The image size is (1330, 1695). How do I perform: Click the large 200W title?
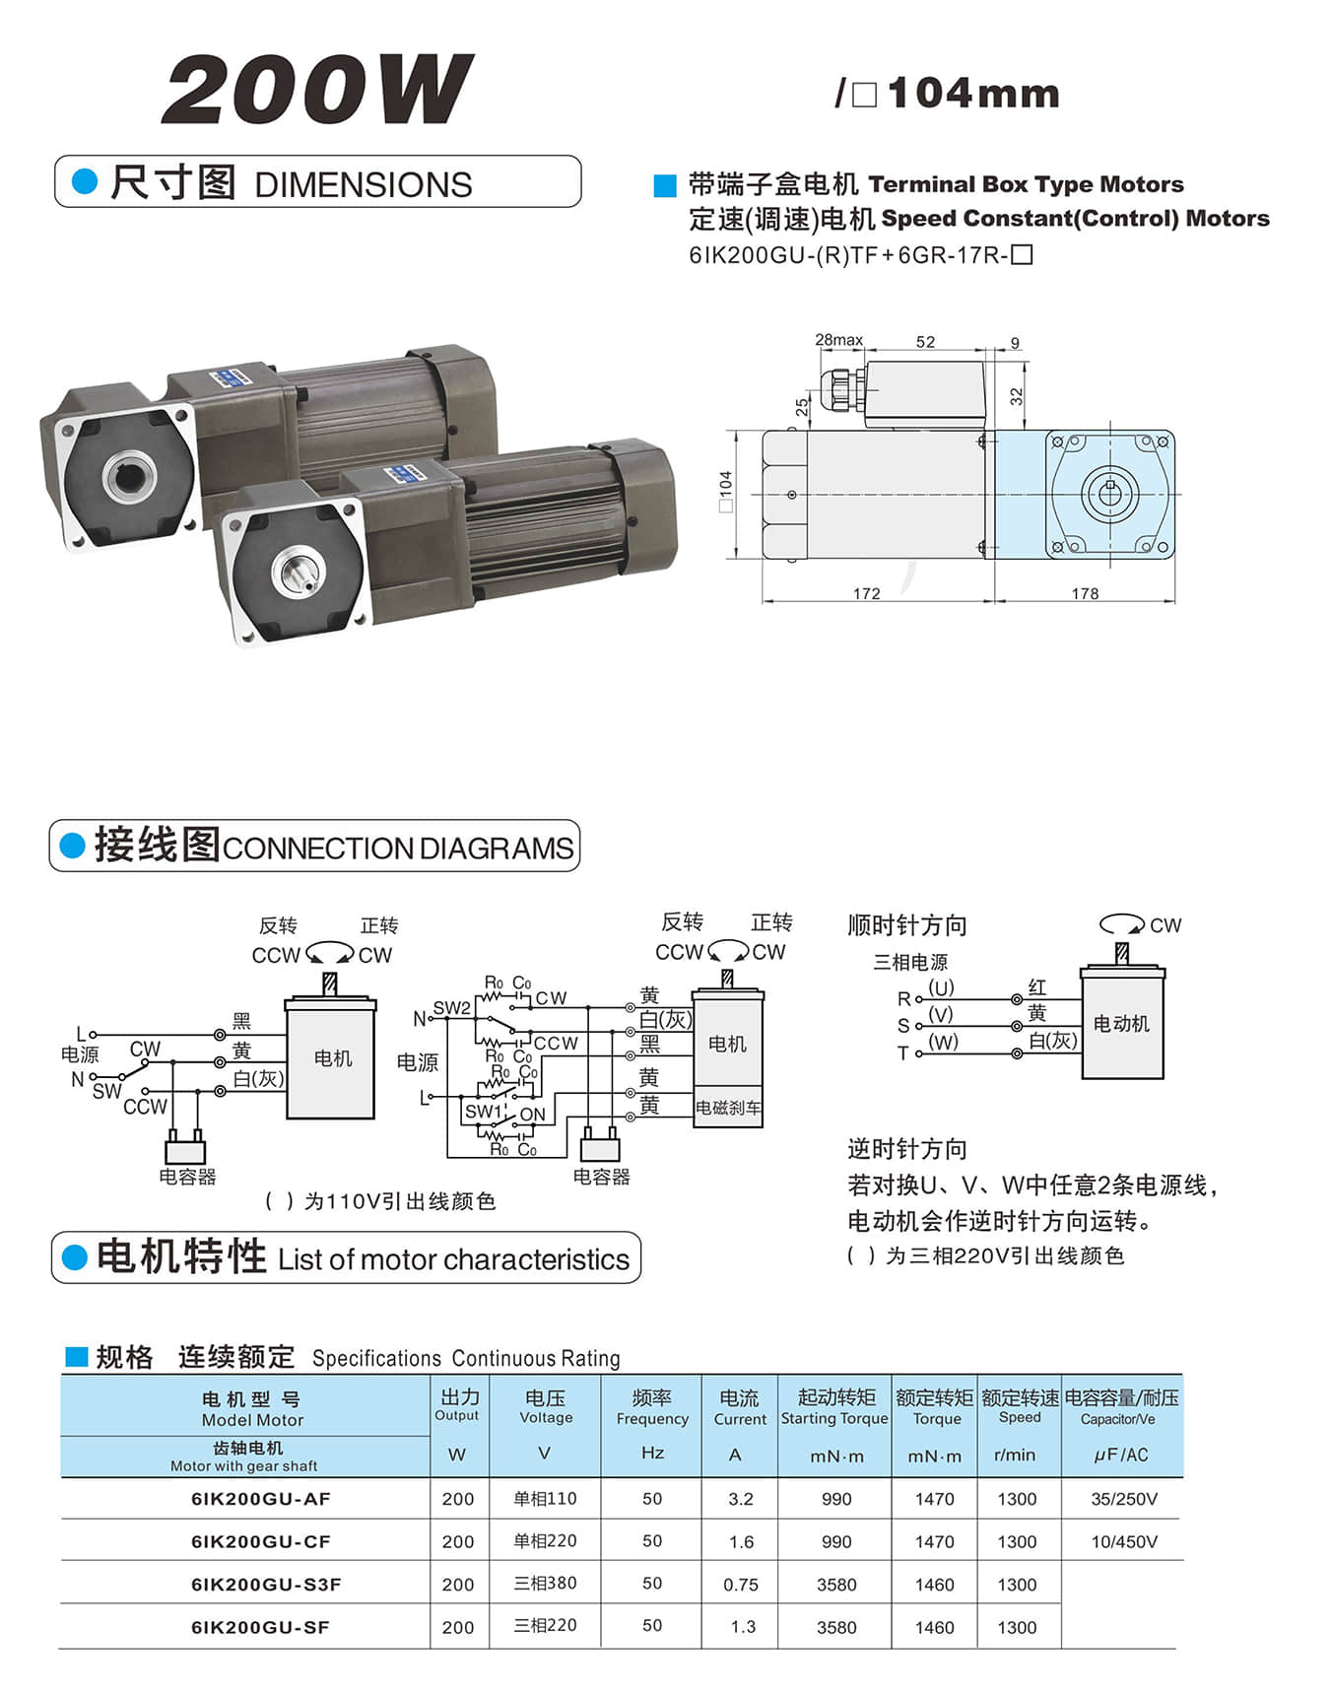[317, 91]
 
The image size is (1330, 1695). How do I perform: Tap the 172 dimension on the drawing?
[866, 593]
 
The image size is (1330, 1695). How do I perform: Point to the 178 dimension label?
[1085, 593]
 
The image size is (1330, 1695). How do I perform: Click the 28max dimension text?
[838, 340]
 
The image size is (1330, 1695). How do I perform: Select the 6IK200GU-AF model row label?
[260, 1499]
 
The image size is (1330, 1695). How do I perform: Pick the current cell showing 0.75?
[740, 1585]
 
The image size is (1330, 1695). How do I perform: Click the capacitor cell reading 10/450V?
[1123, 1541]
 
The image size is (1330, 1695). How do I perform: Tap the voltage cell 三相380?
[545, 1584]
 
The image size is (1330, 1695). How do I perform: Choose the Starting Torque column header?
[834, 1418]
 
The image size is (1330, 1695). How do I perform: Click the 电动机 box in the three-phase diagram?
[1121, 1024]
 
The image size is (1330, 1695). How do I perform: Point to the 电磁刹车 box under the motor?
[728, 1108]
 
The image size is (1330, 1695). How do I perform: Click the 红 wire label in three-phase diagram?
[1037, 986]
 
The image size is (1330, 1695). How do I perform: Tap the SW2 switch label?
[451, 1008]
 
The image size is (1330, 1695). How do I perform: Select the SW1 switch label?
[484, 1112]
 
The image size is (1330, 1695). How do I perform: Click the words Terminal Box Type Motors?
[1026, 184]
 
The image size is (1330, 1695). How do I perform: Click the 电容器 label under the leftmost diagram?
[187, 1176]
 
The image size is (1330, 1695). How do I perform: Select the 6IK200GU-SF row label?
[260, 1627]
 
